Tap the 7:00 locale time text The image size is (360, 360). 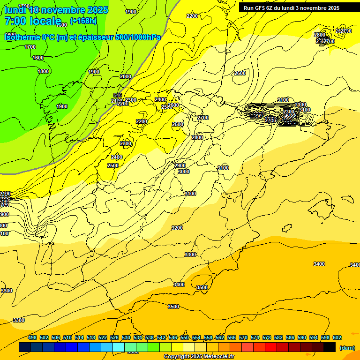click(33, 21)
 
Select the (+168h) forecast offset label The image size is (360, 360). click(83, 21)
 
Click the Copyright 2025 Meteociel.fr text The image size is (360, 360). click(199, 357)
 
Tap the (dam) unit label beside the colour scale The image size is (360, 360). click(347, 348)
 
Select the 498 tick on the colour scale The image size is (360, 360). click(32, 337)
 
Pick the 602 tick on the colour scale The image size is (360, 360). click(337, 337)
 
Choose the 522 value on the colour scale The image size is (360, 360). click(103, 337)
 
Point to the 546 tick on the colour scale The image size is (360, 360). click(173, 337)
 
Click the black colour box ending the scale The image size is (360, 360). click(330, 347)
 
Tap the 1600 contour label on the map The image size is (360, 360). click(38, 58)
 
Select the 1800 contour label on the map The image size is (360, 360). click(43, 71)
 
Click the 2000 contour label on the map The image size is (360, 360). click(126, 76)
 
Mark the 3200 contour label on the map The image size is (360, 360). click(177, 228)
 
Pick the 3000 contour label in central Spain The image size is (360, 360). click(184, 172)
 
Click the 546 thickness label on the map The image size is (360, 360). click(117, 95)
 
